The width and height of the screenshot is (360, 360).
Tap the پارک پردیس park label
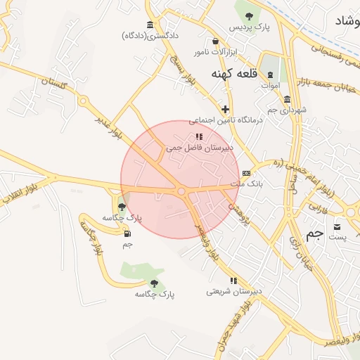249,27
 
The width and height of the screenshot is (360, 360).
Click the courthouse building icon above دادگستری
150,24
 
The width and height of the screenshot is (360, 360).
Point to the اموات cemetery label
270,86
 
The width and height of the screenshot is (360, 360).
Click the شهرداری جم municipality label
288,110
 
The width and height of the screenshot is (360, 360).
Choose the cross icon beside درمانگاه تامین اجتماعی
225,109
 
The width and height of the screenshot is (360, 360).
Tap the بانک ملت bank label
246,184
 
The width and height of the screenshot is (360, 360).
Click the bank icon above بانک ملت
246,173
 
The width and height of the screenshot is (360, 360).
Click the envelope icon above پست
337,226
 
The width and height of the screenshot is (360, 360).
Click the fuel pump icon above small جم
127,234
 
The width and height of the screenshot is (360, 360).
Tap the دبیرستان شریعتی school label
233,290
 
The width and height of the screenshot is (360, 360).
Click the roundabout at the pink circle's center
181,191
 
